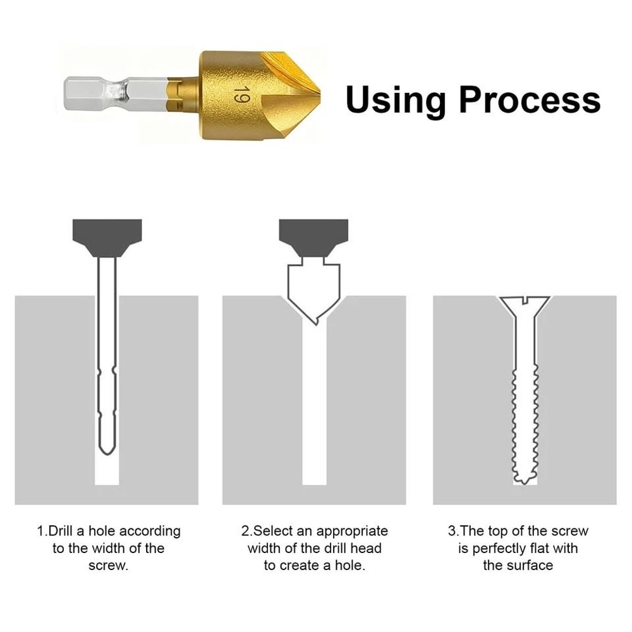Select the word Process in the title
pos(530,100)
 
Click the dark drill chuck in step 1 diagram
pos(107,236)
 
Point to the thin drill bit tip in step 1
pos(107,446)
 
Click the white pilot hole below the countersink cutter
pos(313,411)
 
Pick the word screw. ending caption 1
pos(108,565)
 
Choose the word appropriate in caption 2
pos(352,531)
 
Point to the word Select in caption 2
pos(273,531)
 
